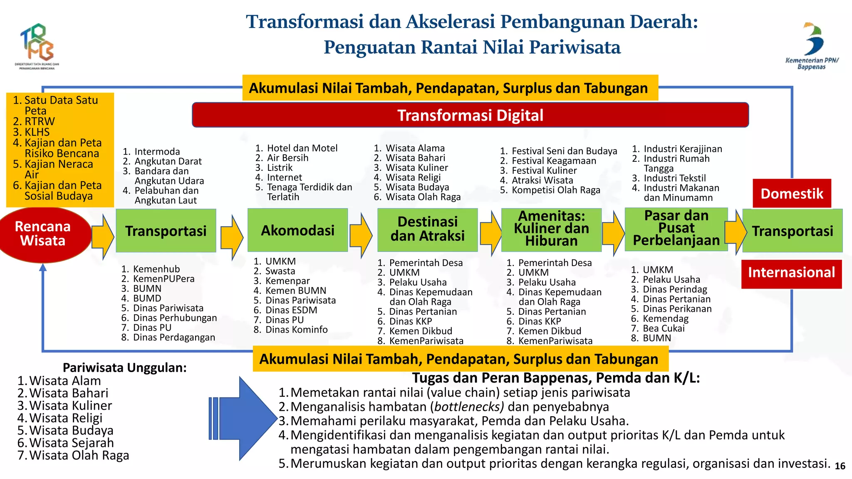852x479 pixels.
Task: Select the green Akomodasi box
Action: pos(297,230)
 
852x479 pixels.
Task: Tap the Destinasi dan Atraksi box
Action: pos(427,230)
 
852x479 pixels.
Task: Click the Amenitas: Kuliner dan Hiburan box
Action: pos(551,229)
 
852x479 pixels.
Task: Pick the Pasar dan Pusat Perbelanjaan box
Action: pos(676,229)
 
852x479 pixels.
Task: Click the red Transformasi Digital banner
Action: pos(470,115)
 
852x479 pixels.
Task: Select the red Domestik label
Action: pos(792,194)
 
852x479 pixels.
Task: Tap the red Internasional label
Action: pos(791,273)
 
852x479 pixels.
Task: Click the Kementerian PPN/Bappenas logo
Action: pos(812,46)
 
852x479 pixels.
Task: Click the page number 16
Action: pos(840,466)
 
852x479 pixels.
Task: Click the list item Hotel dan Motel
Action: pos(302,148)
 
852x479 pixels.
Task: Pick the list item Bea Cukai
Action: pos(664,328)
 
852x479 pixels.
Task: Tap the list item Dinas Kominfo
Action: pos(296,330)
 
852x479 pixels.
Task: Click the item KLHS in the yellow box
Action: pos(37,132)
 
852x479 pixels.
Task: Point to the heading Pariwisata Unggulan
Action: pos(124,368)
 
